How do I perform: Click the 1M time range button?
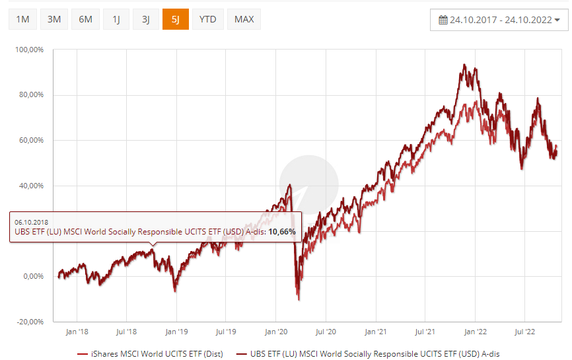[x=22, y=19]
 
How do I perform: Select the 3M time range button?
[x=54, y=19]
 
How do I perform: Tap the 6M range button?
[x=86, y=19]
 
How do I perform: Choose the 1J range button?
[x=116, y=19]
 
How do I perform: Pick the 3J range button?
[x=145, y=19]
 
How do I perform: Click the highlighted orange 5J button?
[x=175, y=19]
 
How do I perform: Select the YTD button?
[x=208, y=19]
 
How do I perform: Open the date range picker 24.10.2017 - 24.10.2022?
[x=499, y=20]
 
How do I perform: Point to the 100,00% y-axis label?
[x=30, y=50]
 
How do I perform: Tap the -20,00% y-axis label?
[x=30, y=322]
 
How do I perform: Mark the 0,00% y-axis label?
[x=32, y=276]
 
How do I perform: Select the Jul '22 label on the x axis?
[x=524, y=332]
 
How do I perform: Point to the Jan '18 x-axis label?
[x=78, y=332]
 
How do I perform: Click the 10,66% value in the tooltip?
[x=281, y=232]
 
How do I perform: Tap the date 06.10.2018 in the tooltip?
[x=32, y=221]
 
